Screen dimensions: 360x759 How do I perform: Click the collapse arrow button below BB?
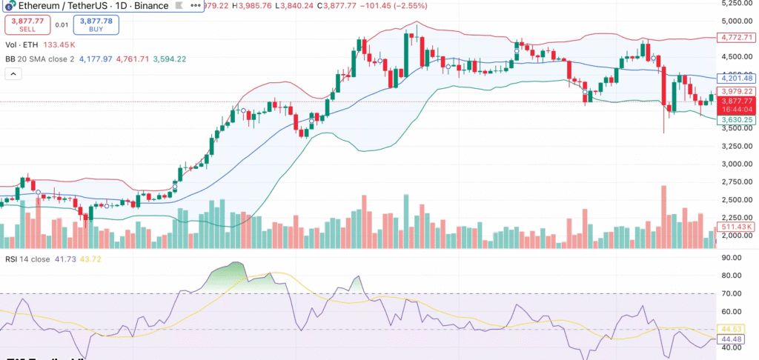click(13, 74)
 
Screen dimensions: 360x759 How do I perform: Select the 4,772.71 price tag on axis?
click(737, 37)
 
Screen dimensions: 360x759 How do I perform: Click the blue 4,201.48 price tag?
click(737, 78)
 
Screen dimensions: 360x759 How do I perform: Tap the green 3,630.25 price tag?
click(737, 119)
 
